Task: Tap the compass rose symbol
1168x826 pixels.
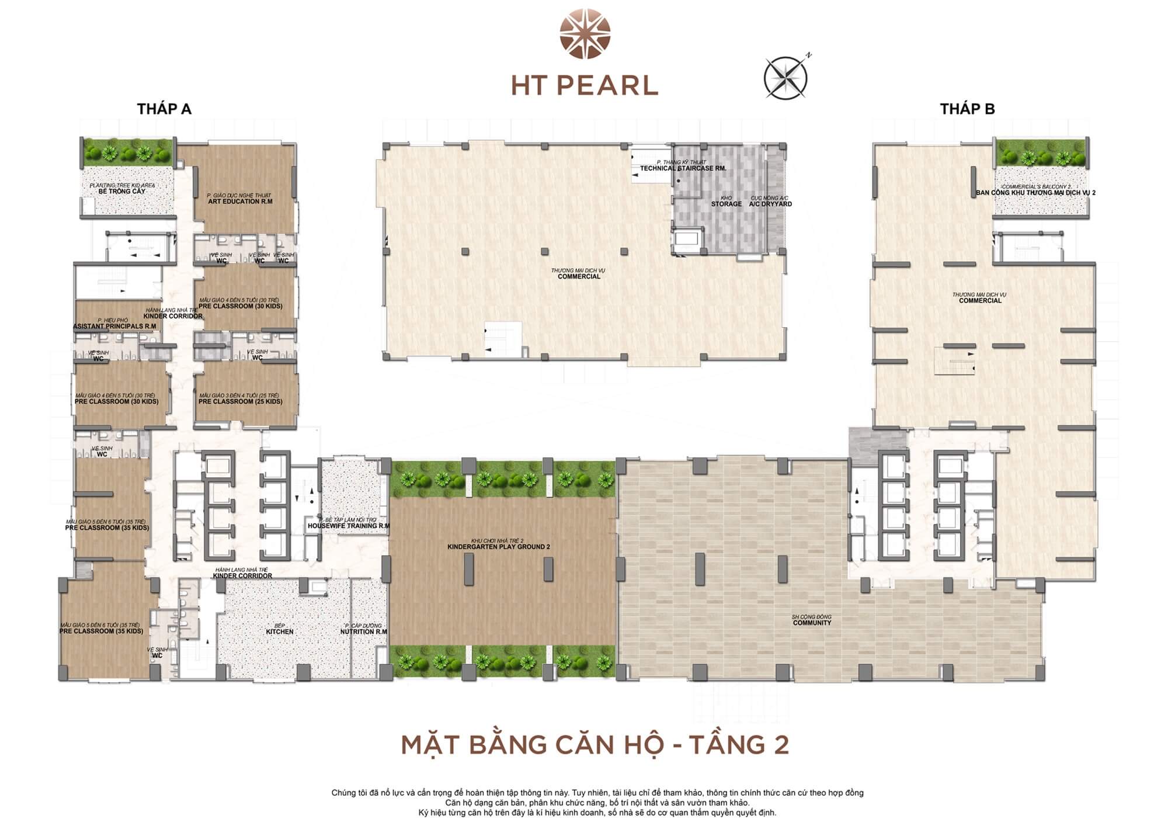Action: click(786, 78)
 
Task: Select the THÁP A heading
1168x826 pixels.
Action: click(164, 109)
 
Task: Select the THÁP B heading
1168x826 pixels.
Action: click(967, 109)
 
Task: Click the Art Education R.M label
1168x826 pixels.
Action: click(240, 202)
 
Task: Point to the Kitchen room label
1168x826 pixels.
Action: click(280, 631)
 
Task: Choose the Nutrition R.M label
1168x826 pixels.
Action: click(364, 631)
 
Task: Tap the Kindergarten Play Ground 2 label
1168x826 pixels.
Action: click(499, 547)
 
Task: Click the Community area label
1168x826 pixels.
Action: click(812, 623)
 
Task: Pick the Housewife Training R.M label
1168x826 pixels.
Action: click(349, 526)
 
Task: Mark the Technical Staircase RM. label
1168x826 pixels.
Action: click(683, 168)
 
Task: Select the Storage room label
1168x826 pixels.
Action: click(726, 204)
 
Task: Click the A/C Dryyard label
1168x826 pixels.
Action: click(770, 204)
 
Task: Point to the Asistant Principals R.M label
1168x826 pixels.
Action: click(114, 326)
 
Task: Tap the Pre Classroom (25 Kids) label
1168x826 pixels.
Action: click(240, 401)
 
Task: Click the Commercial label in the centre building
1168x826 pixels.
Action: click(579, 276)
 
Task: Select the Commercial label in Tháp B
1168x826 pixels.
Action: click(980, 300)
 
